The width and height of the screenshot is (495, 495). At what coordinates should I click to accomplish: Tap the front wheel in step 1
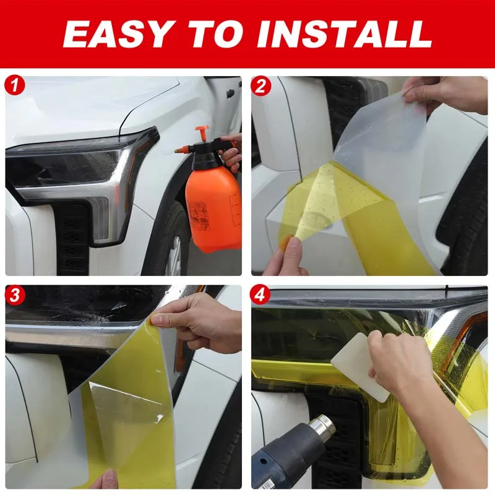(173, 247)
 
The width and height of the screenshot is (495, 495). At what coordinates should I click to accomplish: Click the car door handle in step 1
(230, 94)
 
